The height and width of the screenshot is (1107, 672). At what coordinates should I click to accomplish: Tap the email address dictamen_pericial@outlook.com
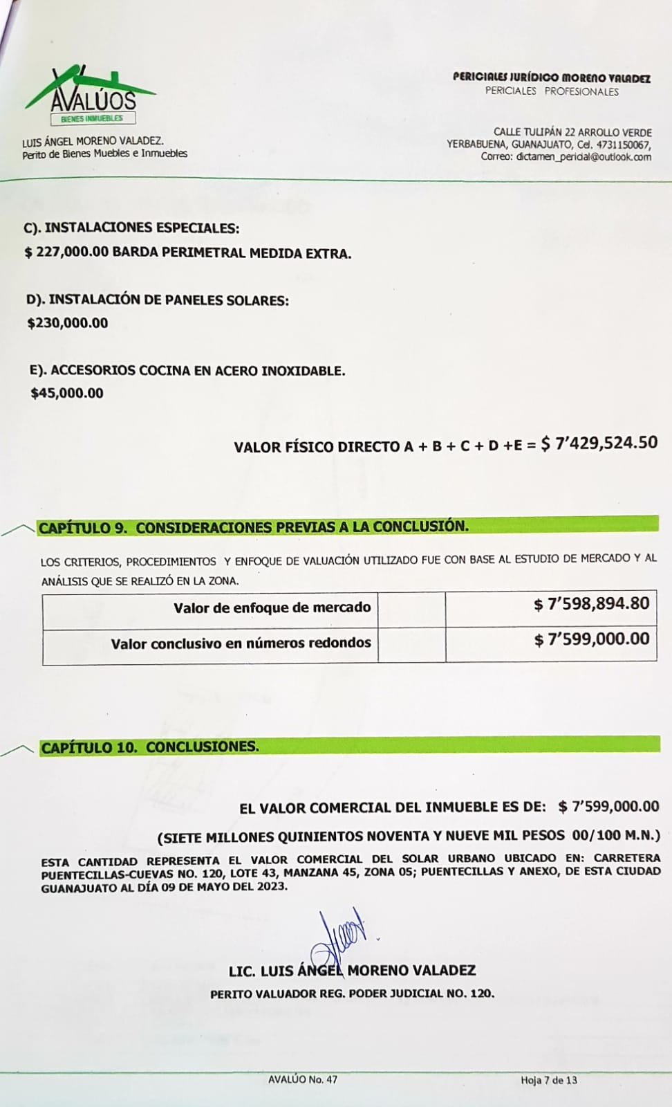(584, 157)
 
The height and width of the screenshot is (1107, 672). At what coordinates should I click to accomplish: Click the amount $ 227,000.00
(66, 253)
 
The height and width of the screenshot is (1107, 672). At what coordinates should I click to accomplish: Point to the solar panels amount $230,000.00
(68, 323)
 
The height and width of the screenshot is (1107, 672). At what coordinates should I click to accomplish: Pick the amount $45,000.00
(67, 394)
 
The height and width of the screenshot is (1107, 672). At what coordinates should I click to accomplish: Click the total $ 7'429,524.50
(599, 443)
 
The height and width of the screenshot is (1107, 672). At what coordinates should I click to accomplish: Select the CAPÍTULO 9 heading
(253, 527)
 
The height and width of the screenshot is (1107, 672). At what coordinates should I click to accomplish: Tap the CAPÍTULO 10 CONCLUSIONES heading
(150, 747)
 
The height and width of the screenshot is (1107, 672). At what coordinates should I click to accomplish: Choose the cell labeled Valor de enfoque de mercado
(272, 608)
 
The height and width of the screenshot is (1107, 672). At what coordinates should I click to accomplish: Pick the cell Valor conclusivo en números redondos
(241, 643)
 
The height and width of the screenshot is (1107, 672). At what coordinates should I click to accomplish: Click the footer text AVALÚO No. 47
(303, 1079)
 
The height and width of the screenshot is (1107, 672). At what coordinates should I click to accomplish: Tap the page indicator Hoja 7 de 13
(549, 1080)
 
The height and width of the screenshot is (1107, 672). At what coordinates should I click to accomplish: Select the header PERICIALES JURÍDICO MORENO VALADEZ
(551, 78)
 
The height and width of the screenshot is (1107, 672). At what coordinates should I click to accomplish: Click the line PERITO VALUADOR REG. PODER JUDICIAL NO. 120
(352, 994)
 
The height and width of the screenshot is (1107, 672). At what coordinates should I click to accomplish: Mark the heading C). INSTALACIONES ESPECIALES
(132, 228)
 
